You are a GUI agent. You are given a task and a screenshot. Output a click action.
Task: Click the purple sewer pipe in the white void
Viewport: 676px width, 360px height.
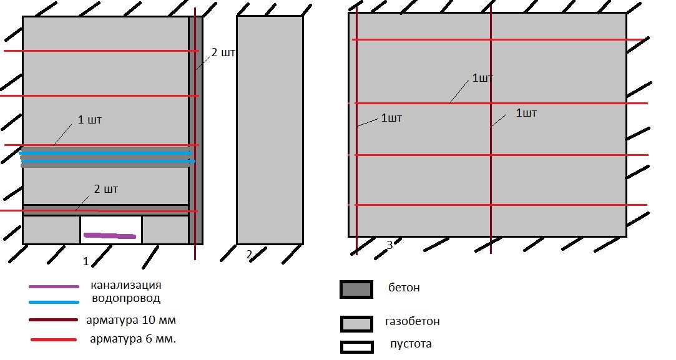[109, 236]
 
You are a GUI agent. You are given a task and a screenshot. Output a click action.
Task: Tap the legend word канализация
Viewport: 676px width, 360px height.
[126, 285]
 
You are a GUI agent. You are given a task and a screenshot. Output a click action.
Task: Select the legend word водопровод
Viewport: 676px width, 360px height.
[126, 298]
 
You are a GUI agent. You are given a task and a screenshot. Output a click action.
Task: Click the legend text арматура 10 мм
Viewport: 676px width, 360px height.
[131, 320]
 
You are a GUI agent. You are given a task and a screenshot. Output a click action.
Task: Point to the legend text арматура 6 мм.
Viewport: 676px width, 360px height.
[133, 339]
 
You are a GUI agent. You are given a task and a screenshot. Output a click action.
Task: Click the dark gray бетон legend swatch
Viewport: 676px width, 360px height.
[356, 289]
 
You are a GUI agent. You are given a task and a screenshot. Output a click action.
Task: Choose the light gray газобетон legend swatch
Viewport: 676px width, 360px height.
[356, 324]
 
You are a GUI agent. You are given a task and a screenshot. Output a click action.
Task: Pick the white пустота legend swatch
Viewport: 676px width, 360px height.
[356, 347]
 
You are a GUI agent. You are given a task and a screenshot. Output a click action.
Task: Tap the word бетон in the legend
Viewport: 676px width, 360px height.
[404, 288]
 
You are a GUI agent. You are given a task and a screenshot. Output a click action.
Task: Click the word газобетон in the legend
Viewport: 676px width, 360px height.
[413, 321]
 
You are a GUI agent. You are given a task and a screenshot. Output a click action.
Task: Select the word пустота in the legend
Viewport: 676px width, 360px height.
[411, 344]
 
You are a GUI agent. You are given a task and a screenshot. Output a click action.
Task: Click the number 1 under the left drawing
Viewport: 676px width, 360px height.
[86, 261]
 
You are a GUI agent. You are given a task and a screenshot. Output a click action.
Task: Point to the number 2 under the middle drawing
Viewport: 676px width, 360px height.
[249, 255]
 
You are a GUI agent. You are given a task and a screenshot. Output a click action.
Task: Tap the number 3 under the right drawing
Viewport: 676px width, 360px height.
[389, 245]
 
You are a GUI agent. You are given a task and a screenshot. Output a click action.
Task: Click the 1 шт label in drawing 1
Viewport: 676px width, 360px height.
[90, 120]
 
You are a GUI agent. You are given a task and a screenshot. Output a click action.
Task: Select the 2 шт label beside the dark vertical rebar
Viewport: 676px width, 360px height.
[223, 52]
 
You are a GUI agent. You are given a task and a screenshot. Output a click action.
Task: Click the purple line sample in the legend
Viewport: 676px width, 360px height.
[54, 287]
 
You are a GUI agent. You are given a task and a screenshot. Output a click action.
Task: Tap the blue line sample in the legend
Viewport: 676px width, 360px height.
[54, 302]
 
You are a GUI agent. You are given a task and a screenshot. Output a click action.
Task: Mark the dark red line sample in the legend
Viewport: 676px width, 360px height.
[54, 320]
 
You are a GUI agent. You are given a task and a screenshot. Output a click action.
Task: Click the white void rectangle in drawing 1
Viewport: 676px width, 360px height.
[111, 230]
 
